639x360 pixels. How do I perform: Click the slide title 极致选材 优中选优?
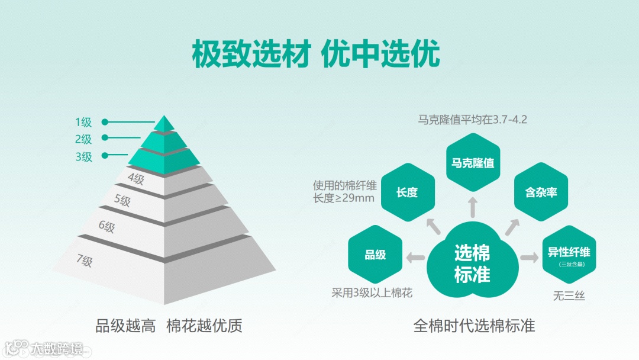[x=316, y=55]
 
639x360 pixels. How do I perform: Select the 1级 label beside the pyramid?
[x=83, y=123]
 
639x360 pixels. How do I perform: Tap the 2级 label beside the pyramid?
[x=83, y=140]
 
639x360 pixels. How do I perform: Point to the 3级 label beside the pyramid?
[x=83, y=157]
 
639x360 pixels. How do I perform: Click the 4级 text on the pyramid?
[x=135, y=178]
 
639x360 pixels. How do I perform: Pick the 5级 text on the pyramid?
[x=122, y=201]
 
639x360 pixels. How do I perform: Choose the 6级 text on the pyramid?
[x=106, y=226]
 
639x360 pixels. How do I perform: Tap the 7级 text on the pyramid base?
[x=85, y=260]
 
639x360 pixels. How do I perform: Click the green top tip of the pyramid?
[x=164, y=123]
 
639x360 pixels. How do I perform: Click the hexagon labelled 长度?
[x=407, y=192]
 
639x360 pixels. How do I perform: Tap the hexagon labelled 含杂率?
[x=541, y=192]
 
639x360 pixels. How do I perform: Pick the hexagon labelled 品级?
[x=375, y=255]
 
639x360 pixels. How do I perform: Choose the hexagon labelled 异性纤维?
[x=569, y=254]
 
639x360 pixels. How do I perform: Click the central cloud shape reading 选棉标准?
[x=472, y=263]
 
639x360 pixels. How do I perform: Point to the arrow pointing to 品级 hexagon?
[x=415, y=257]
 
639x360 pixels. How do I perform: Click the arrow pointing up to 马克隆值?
[x=473, y=208]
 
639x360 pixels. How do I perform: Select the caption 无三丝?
[x=569, y=296]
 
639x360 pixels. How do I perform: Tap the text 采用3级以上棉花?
[x=372, y=292]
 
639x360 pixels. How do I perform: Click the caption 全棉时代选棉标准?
[x=473, y=326]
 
